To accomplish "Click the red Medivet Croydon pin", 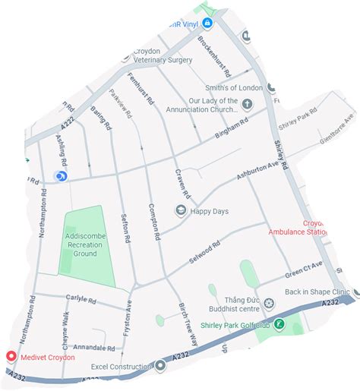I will coord(11,356).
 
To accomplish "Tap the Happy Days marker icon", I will coord(181,210).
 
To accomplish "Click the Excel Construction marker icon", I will coord(160,366).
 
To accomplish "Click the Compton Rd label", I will coord(153,222).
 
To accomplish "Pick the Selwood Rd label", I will coord(205,251).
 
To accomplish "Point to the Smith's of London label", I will coord(227,87).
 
